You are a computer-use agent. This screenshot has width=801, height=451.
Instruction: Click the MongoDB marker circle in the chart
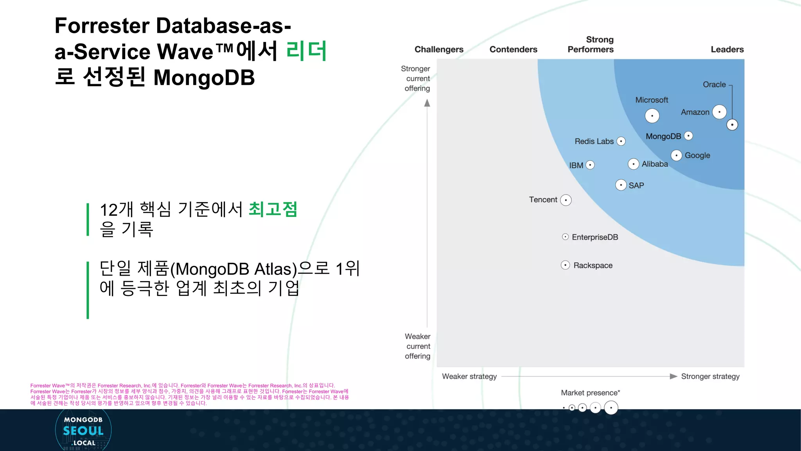pos(688,136)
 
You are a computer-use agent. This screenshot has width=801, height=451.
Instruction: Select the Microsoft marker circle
pos(652,116)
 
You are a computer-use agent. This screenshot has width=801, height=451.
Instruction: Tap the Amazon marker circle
pos(719,112)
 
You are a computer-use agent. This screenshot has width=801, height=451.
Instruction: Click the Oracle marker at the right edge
pos(732,125)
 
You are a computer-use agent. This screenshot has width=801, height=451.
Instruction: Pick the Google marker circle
pos(676,155)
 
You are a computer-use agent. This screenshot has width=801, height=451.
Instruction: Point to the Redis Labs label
pos(594,141)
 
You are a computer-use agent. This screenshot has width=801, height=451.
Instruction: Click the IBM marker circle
pos(590,165)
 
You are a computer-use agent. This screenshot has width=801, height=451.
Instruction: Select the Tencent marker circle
pos(566,200)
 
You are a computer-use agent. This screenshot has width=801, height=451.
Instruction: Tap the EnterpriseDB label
pos(595,237)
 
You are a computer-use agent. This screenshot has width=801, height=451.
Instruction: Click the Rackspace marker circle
pos(565,265)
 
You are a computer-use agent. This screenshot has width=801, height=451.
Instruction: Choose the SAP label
pos(636,186)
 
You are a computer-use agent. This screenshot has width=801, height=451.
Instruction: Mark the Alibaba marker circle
pos(633,164)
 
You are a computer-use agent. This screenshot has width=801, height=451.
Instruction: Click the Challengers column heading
pos(439,50)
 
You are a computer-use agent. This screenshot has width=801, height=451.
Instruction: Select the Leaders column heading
pos(727,50)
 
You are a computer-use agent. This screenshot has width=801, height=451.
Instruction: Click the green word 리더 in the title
pos(306,51)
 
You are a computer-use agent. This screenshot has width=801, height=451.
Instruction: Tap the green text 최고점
pos(273,209)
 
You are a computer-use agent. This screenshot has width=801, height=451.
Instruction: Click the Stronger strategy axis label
pos(710,376)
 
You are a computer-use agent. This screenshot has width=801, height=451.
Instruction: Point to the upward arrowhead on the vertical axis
pos(427,103)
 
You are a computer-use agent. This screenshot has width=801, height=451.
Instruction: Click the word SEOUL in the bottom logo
pos(83,431)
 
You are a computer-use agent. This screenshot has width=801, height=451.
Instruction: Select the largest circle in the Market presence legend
pos(611,408)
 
